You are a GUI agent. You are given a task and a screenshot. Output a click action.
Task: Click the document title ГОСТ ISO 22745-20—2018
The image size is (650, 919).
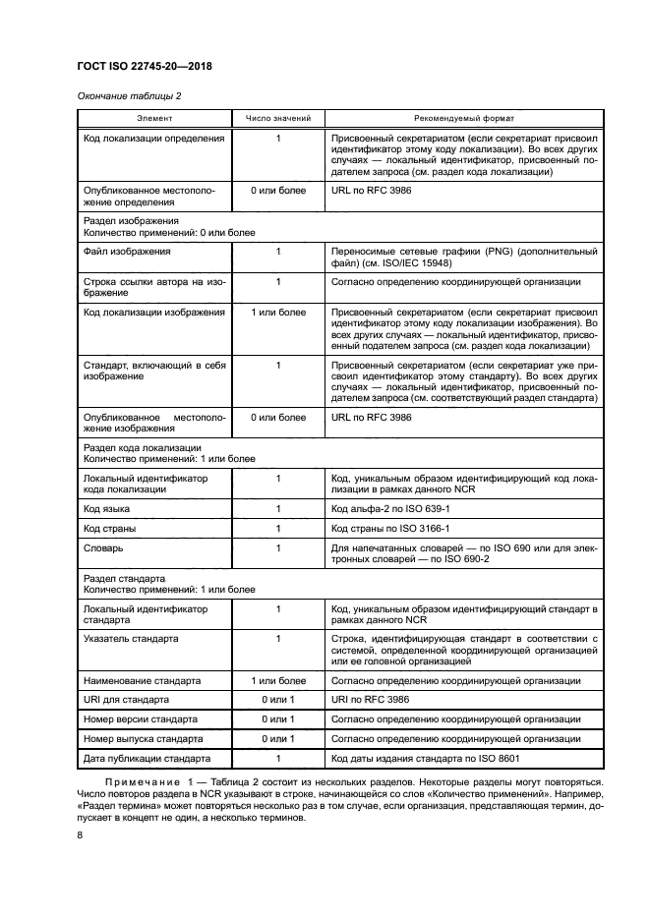pos(145,66)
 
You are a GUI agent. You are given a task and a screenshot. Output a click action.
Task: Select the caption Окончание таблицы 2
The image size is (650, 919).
pos(129,96)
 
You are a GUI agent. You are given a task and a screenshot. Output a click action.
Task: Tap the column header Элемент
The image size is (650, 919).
pos(153,119)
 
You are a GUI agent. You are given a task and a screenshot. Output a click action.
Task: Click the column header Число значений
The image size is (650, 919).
pos(278,119)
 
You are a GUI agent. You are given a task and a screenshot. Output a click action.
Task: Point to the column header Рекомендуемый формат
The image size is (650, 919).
pos(463,119)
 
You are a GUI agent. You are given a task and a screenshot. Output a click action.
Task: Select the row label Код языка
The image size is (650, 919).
pos(107,509)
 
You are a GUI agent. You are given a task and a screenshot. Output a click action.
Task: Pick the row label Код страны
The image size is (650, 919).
pos(110,529)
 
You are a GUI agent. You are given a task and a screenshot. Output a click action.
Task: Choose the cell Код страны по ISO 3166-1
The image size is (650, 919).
pos(395,529)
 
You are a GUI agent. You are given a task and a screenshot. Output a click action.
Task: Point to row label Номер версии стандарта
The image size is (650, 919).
pos(141,719)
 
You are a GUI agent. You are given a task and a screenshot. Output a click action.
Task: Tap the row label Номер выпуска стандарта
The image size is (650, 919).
pos(144,739)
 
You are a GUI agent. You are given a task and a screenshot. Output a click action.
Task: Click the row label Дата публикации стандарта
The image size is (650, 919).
pos(148,759)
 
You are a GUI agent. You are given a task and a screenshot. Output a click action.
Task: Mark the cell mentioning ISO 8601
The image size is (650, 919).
pos(425,759)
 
